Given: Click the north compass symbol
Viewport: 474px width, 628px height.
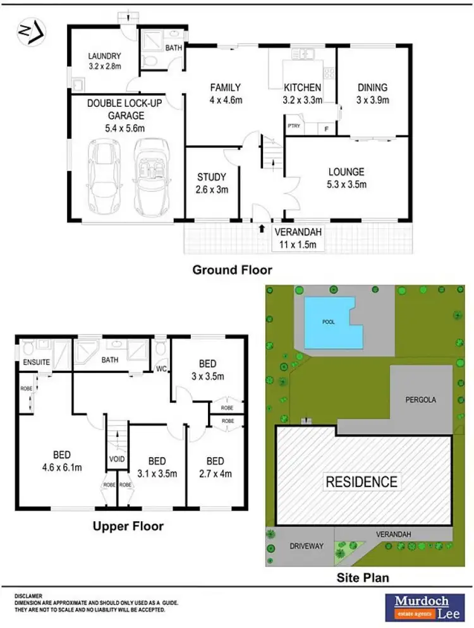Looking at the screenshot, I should pos(31,32).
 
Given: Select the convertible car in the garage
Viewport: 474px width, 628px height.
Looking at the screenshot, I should pos(150,176).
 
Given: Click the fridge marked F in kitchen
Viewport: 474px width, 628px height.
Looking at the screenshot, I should pos(326,128).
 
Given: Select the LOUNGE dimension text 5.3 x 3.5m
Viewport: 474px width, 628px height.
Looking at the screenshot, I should pos(346,185).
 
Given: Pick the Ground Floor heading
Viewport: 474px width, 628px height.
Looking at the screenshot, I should pos(232,270).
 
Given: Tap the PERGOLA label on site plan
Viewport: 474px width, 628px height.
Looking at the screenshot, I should pos(421,400).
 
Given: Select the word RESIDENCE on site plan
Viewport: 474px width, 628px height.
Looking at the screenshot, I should pos(362,481).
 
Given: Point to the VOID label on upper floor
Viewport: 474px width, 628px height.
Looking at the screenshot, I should pos(116,459).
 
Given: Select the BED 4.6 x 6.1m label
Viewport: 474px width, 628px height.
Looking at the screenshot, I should pos(61,461).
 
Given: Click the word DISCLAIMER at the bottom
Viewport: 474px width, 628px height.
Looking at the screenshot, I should pos(29,596).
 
